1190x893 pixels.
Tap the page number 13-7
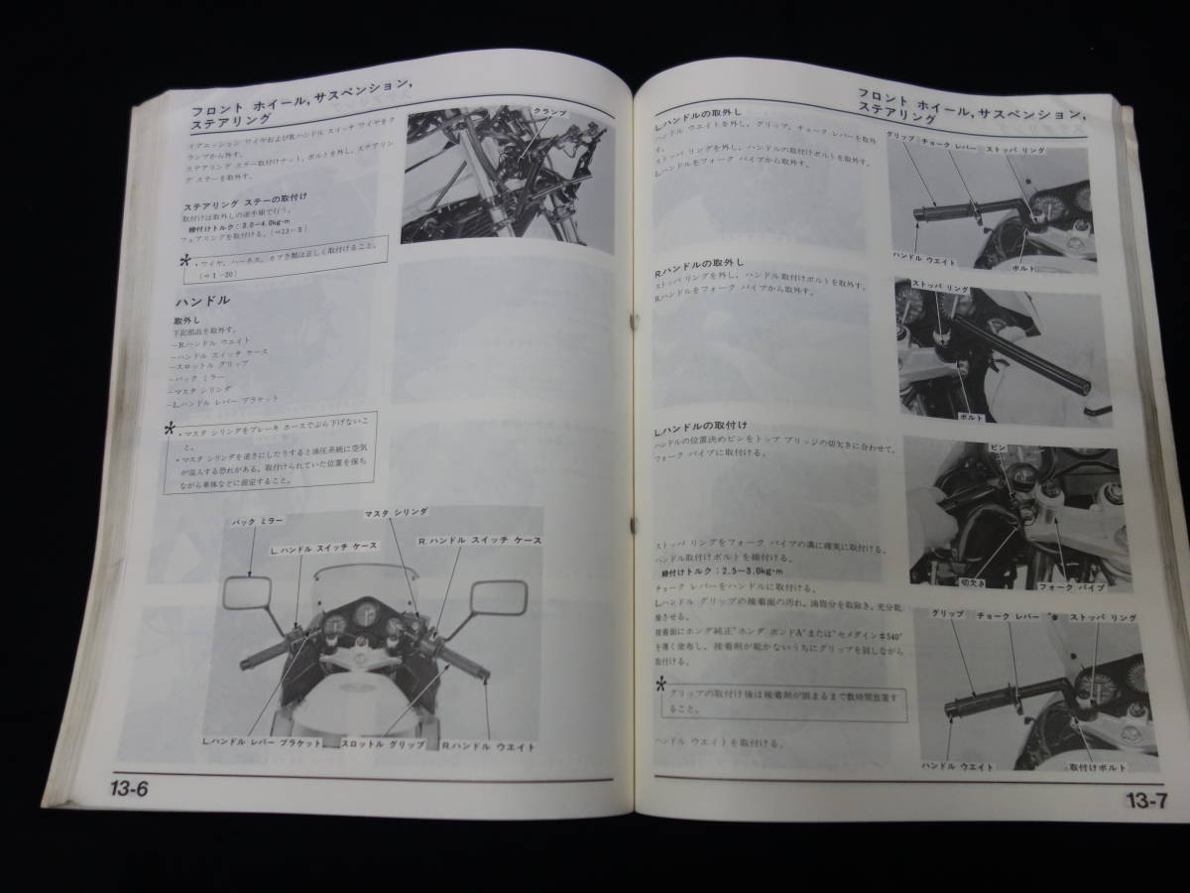pyautogui.click(x=1150, y=800)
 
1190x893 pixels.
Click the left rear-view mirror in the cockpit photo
pyautogui.click(x=243, y=596)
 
